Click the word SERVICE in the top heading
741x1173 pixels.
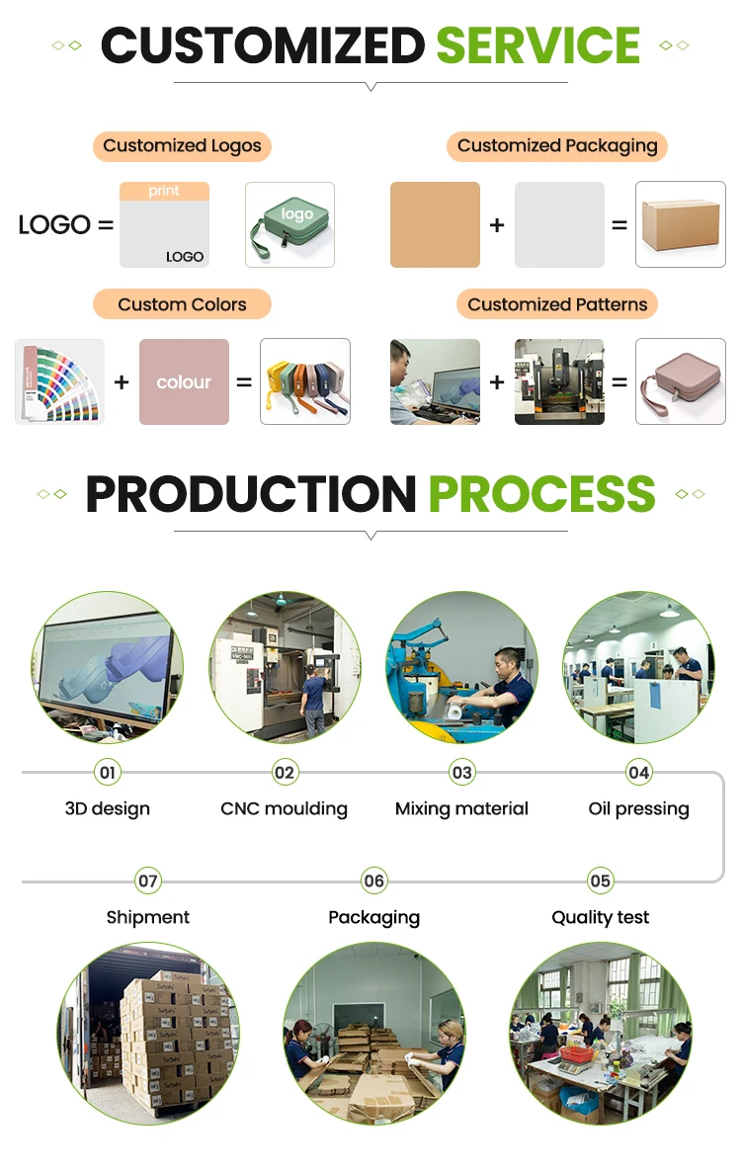(x=537, y=45)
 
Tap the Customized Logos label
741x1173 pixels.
(x=182, y=146)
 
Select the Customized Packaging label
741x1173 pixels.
(x=557, y=146)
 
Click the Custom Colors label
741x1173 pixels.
(x=182, y=304)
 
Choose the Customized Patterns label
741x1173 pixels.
(x=557, y=304)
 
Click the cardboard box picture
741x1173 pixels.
(x=680, y=224)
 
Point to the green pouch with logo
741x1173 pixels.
(x=289, y=224)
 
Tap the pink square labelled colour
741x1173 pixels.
(x=184, y=382)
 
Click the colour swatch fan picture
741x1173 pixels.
(x=59, y=382)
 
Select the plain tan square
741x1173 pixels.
(x=435, y=224)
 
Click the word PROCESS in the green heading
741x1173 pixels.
(x=541, y=494)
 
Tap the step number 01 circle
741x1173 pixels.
(x=107, y=773)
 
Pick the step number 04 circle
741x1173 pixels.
(x=639, y=773)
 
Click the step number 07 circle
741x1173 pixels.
(x=148, y=880)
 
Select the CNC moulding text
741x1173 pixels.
(x=285, y=808)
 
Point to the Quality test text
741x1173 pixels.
(x=601, y=917)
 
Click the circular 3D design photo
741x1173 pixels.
(x=107, y=667)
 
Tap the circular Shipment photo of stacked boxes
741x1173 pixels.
(x=148, y=1033)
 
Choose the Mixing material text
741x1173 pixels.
(x=461, y=808)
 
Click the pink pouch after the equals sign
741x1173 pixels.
(x=680, y=382)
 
